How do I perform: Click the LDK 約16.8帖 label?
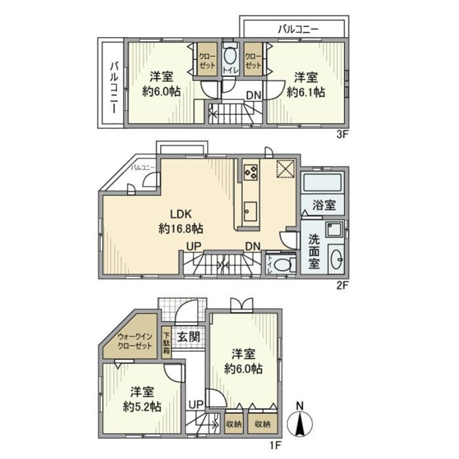180,221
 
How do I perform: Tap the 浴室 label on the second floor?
320,205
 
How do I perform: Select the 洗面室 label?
314,251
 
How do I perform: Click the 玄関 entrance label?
188,337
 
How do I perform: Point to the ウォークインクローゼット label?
135,342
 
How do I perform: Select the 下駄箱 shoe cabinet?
166,343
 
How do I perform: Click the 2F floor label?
341,285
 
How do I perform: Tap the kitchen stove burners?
251,171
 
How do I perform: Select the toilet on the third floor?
229,56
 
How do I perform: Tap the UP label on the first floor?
196,405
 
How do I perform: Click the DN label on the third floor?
254,95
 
